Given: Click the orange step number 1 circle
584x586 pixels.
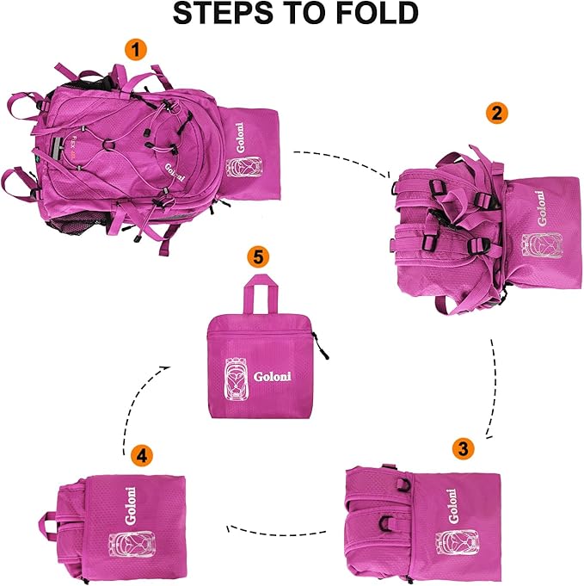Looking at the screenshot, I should coord(133,50).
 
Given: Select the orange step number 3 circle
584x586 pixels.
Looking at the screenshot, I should coord(463,447).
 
